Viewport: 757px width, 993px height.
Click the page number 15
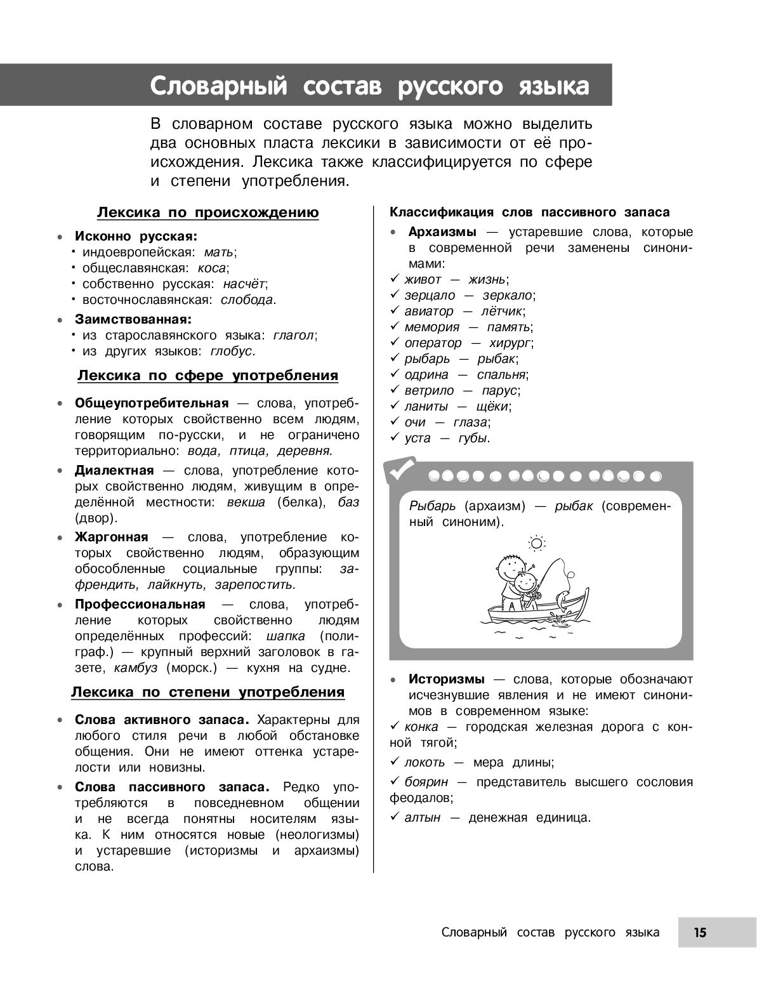click(x=700, y=932)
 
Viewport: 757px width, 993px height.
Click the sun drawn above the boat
click(x=537, y=543)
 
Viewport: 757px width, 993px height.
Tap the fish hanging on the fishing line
click(x=564, y=598)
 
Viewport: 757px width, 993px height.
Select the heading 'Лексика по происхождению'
click(x=207, y=213)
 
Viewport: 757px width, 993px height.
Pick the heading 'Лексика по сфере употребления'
click(x=207, y=376)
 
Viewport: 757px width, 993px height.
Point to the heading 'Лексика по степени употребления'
click(x=207, y=692)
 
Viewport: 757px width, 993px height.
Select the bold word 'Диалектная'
click(x=114, y=470)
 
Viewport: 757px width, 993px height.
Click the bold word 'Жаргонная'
click(x=111, y=537)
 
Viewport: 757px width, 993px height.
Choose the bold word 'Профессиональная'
click(x=140, y=603)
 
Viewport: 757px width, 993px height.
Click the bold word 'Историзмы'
click(x=447, y=679)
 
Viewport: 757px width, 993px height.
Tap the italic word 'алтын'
click(x=422, y=817)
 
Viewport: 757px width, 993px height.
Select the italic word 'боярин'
click(x=426, y=782)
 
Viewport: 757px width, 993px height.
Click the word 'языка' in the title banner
click(x=556, y=86)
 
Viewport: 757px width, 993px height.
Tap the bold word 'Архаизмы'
click(x=442, y=232)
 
